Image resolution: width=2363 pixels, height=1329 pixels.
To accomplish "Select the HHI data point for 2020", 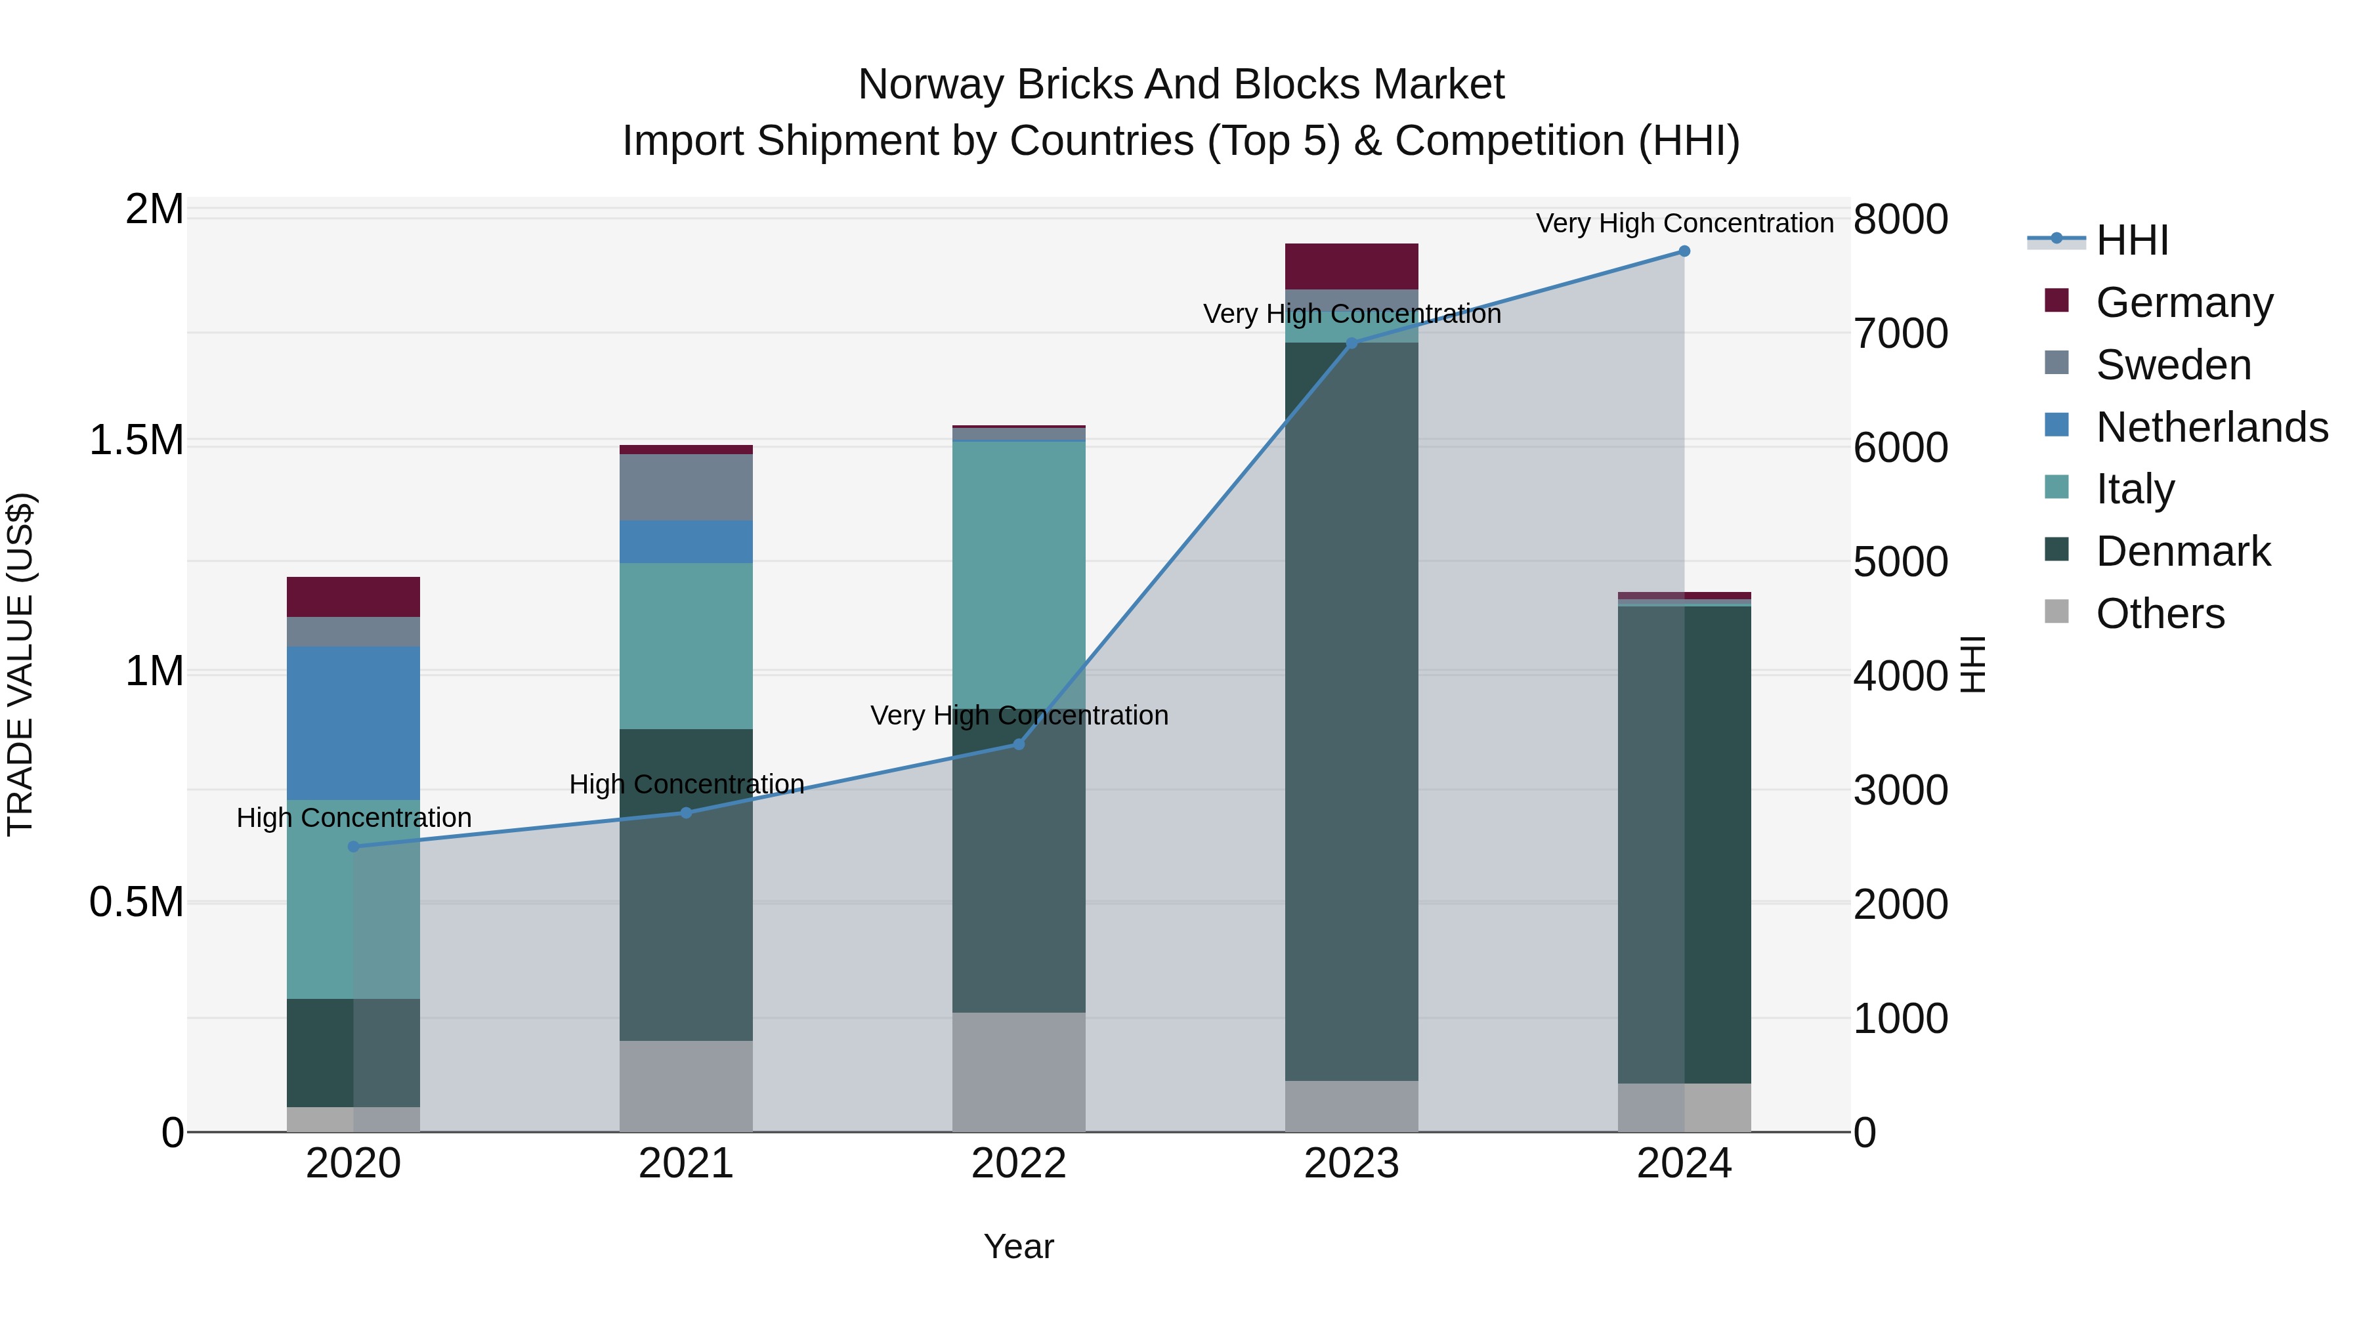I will click(353, 847).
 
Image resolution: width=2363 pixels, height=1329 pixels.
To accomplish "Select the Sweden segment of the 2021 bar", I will click(685, 487).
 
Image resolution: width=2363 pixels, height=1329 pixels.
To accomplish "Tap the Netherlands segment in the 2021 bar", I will click(685, 541).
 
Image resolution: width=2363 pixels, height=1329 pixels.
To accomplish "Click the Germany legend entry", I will click(2183, 303).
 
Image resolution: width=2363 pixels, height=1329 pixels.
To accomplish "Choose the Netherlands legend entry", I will click(2211, 427).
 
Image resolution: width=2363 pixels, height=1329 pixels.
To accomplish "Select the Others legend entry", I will click(2160, 614).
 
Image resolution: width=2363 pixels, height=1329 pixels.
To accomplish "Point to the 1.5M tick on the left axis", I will click(136, 440).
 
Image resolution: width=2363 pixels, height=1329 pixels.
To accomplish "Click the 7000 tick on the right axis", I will click(1900, 334).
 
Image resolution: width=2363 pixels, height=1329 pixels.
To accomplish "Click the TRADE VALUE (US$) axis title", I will click(20, 664).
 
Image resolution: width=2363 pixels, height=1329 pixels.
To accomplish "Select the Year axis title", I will click(1018, 1246).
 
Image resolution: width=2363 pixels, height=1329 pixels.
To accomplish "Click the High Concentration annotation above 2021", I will click(686, 784).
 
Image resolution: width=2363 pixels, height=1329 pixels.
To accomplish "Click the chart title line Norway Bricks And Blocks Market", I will click(1181, 85).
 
